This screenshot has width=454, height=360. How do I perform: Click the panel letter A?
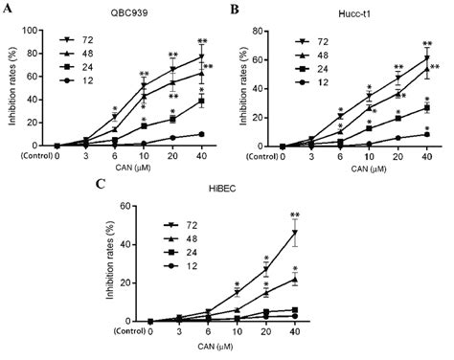(x=8, y=9)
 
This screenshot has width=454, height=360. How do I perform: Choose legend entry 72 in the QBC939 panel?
(x=87, y=41)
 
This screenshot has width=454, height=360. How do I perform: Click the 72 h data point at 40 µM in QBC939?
(x=202, y=56)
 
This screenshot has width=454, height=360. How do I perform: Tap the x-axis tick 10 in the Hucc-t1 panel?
(x=368, y=157)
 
